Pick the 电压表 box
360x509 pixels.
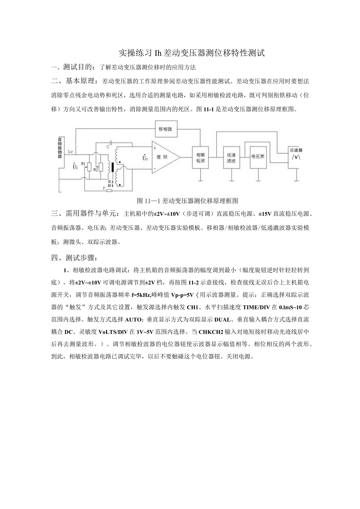tap(258, 156)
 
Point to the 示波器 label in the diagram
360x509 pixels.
tap(296, 150)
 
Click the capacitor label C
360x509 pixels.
tap(108, 146)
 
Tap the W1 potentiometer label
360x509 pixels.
tap(83, 164)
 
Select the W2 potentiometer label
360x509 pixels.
tap(95, 169)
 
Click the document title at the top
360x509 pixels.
tap(192, 53)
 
